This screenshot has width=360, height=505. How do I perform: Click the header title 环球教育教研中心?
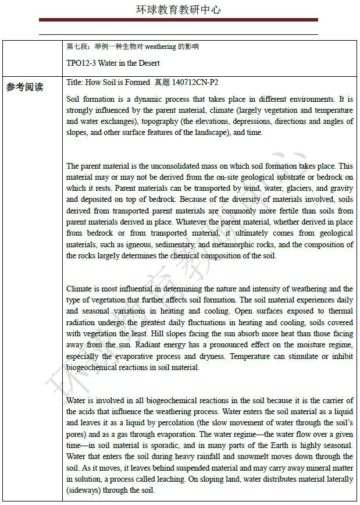click(179, 10)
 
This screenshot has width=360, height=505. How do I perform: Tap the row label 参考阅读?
click(24, 88)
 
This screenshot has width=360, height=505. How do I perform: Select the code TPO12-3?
click(83, 63)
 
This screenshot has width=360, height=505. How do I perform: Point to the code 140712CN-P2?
click(195, 83)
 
